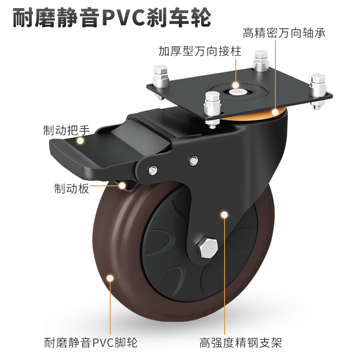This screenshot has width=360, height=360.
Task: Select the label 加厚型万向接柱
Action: [200, 51]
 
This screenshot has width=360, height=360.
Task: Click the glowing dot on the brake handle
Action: [81, 141]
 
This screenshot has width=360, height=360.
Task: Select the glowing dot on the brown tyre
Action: [109, 278]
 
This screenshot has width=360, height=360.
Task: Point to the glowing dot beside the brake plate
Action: [122, 184]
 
